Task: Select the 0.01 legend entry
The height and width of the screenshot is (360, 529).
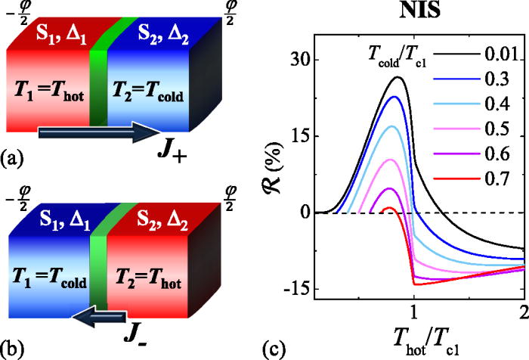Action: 501,54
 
